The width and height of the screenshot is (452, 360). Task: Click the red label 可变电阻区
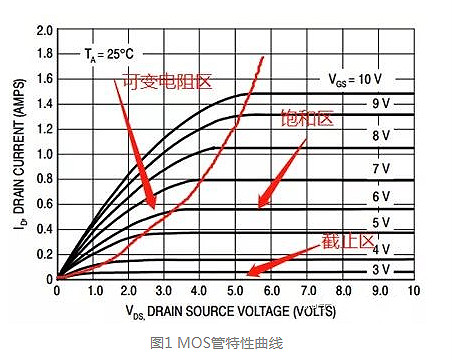(x=168, y=81)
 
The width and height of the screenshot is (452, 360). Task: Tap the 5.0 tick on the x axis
(x=236, y=291)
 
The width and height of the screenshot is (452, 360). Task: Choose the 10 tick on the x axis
(x=414, y=291)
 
